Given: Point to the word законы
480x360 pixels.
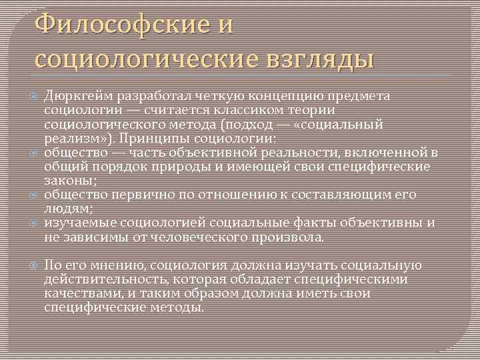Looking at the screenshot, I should tap(69, 181).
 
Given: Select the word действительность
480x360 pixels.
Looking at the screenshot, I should tap(103, 279).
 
